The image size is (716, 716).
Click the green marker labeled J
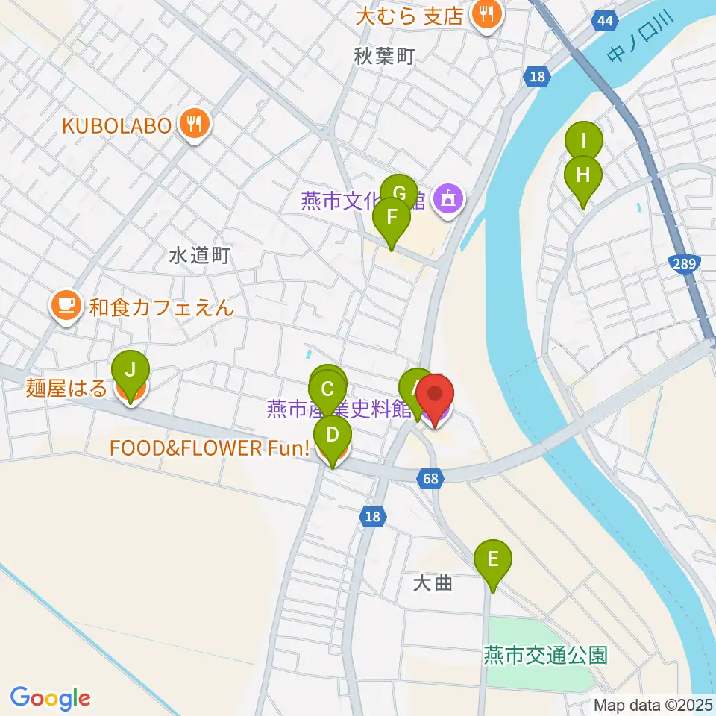pos(131,370)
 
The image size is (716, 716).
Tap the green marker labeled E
pos(493,559)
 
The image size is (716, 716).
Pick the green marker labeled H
pos(582,175)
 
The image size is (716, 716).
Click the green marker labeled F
pos(392,219)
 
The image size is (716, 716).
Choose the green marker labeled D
pos(333,434)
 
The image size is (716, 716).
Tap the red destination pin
pos(434,395)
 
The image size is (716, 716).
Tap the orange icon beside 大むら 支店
pos(486,16)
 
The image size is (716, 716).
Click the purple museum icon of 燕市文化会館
pos(448,200)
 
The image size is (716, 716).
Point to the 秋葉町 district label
pos(383,56)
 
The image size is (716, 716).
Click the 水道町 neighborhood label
pos(198,256)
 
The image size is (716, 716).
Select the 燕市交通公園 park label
pos(545,656)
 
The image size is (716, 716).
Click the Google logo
pos(50,698)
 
